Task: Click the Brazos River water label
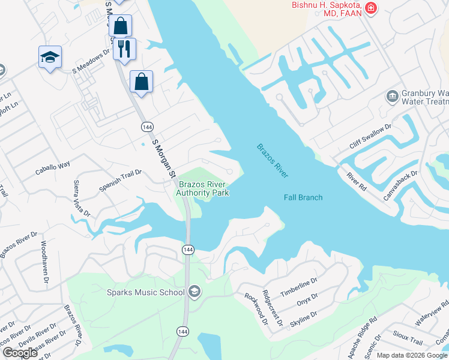click(x=273, y=161)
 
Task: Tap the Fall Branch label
click(x=303, y=197)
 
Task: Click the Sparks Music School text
click(x=145, y=293)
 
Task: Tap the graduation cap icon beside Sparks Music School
click(x=194, y=292)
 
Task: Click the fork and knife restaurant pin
click(x=124, y=49)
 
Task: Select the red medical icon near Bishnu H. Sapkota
click(x=371, y=8)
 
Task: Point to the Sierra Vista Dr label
click(x=81, y=198)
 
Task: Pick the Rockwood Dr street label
click(x=255, y=308)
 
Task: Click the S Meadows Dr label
click(x=92, y=61)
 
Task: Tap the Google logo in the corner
click(x=20, y=353)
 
